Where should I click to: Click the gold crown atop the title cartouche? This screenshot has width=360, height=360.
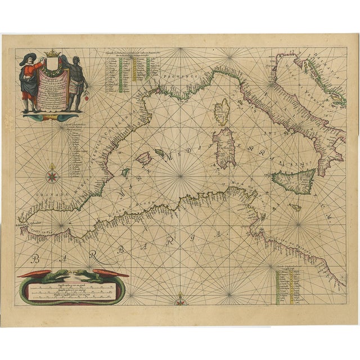[x=52, y=56]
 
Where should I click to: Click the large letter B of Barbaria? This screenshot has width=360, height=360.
[x=35, y=260]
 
